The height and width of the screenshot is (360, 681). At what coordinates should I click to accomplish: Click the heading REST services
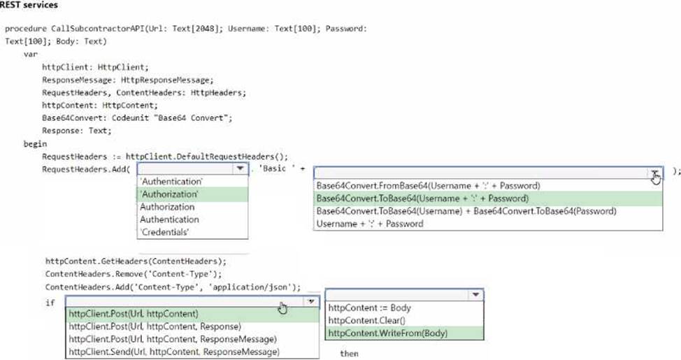click(x=29, y=5)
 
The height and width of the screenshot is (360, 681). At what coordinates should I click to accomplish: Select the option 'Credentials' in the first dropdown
click(x=164, y=232)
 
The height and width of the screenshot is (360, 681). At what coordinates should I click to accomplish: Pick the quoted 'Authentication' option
click(x=171, y=182)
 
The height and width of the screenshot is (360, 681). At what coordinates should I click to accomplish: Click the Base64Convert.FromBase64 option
click(x=428, y=186)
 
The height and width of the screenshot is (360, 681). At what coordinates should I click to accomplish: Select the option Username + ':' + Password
click(x=370, y=224)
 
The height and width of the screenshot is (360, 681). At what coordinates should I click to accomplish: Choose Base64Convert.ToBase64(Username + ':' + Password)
click(x=422, y=199)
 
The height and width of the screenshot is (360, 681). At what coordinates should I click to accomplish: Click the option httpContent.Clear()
click(x=366, y=320)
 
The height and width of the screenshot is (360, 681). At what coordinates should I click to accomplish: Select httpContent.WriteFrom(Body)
click(x=388, y=333)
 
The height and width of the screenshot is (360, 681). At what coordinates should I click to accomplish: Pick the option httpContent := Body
click(x=370, y=308)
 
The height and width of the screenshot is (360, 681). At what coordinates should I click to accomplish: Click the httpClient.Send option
click(x=174, y=352)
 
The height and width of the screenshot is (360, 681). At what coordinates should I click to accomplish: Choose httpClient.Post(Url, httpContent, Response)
click(x=155, y=326)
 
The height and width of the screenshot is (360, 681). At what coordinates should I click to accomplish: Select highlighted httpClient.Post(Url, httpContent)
click(x=134, y=314)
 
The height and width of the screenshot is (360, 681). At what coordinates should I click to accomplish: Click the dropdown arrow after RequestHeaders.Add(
click(x=240, y=168)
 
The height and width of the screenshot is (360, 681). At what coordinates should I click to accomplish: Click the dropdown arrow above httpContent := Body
click(x=475, y=295)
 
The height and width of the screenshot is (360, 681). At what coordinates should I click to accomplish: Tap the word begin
click(x=35, y=144)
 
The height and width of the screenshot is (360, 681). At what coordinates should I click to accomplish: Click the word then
click(x=349, y=354)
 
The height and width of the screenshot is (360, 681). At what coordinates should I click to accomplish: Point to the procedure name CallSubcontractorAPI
click(x=98, y=29)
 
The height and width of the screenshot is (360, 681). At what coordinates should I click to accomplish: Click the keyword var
click(x=30, y=55)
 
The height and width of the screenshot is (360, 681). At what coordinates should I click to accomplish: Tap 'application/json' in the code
click(x=250, y=287)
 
